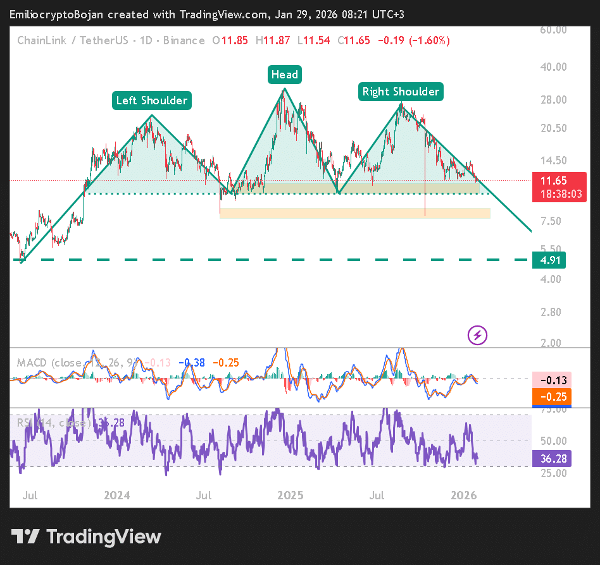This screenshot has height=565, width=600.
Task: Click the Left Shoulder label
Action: coord(152,100)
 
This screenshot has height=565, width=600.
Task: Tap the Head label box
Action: coord(284,75)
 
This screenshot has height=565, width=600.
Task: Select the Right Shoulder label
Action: coord(400,92)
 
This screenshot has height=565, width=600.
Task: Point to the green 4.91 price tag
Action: coord(549,260)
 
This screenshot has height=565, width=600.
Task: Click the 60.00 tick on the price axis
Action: coord(553,29)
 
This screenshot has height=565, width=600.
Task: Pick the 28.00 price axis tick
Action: coord(553,99)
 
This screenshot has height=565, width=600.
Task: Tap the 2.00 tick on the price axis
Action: coord(553,343)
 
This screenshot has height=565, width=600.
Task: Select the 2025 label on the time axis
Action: coord(291,495)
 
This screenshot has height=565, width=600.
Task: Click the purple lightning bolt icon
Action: coord(477,335)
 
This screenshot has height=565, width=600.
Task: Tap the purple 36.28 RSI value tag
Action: coord(553,458)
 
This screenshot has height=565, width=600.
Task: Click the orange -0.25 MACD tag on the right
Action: coord(553,396)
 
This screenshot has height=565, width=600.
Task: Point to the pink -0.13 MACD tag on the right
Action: coord(553,380)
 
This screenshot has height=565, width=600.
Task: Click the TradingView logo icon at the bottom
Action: coord(26,537)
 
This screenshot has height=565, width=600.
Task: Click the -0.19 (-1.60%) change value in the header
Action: coord(414,40)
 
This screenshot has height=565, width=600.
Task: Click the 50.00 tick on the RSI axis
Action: coord(553,440)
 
